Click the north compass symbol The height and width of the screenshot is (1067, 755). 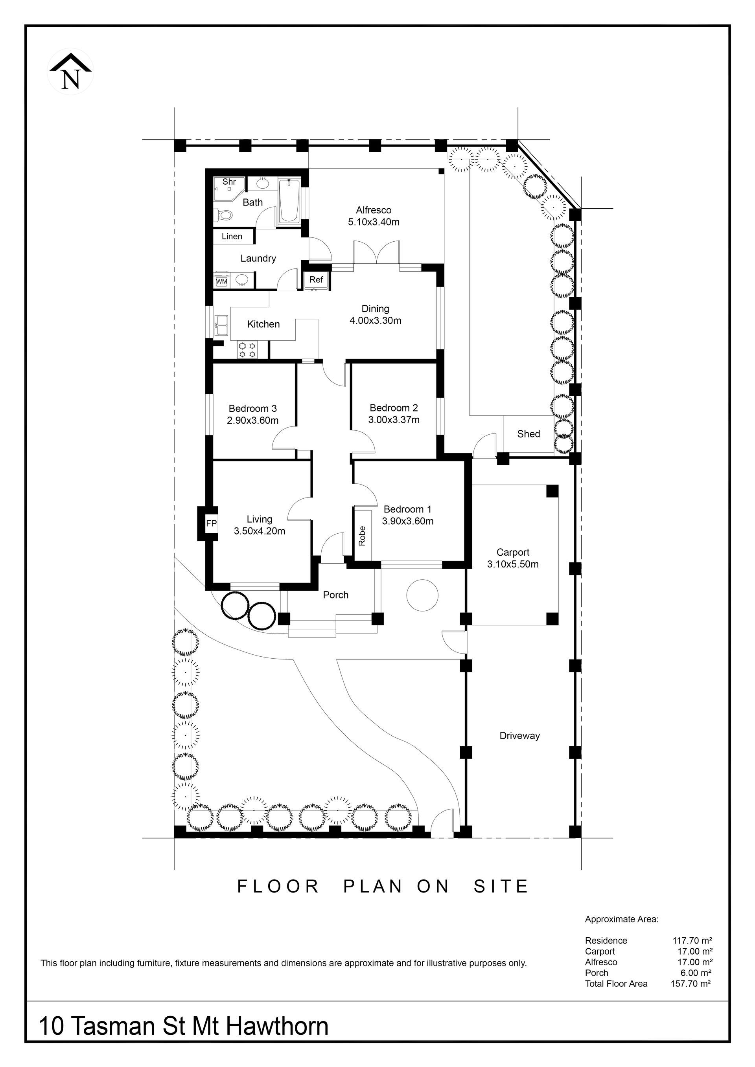[x=71, y=71]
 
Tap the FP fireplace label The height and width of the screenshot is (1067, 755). [x=212, y=523]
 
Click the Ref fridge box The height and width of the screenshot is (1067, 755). [x=316, y=280]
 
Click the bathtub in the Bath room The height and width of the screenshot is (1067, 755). [x=290, y=202]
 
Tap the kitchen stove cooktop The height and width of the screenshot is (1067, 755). [x=247, y=349]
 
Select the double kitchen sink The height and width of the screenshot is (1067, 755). [x=221, y=325]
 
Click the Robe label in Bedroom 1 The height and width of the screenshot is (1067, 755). [x=362, y=535]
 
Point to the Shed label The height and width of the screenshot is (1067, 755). [x=528, y=433]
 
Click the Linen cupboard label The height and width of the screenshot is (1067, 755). [x=232, y=237]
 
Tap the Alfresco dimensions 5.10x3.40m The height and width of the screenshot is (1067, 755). [x=374, y=222]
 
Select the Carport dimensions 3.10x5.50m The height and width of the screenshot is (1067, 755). [x=513, y=564]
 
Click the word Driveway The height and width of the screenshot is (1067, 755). [x=520, y=736]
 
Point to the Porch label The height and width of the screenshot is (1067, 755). [x=336, y=595]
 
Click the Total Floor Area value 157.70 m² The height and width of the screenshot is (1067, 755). [x=691, y=983]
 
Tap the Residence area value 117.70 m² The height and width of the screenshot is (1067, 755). [x=693, y=940]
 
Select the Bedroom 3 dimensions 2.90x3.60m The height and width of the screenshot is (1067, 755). [x=253, y=421]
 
